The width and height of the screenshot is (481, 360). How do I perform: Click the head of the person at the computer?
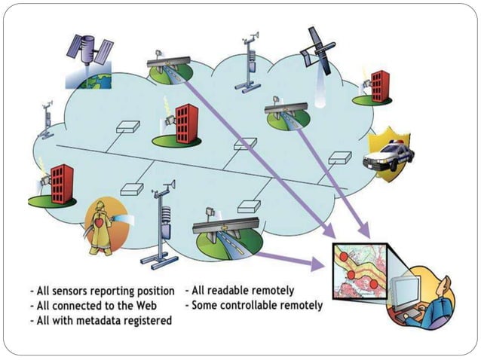click(444, 285)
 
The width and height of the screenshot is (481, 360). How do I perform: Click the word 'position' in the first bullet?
click(155, 291)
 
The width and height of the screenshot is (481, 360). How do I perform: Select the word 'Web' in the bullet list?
click(125, 306)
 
